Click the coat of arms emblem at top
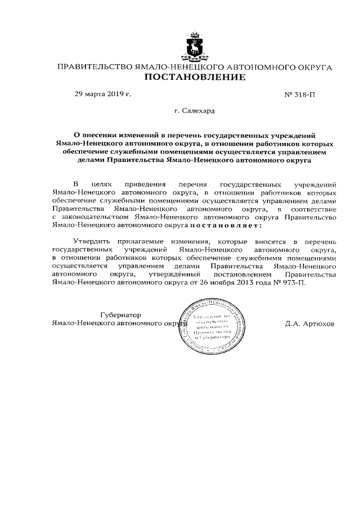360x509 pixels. click(x=195, y=47)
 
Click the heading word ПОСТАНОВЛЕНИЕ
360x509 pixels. click(x=195, y=77)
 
